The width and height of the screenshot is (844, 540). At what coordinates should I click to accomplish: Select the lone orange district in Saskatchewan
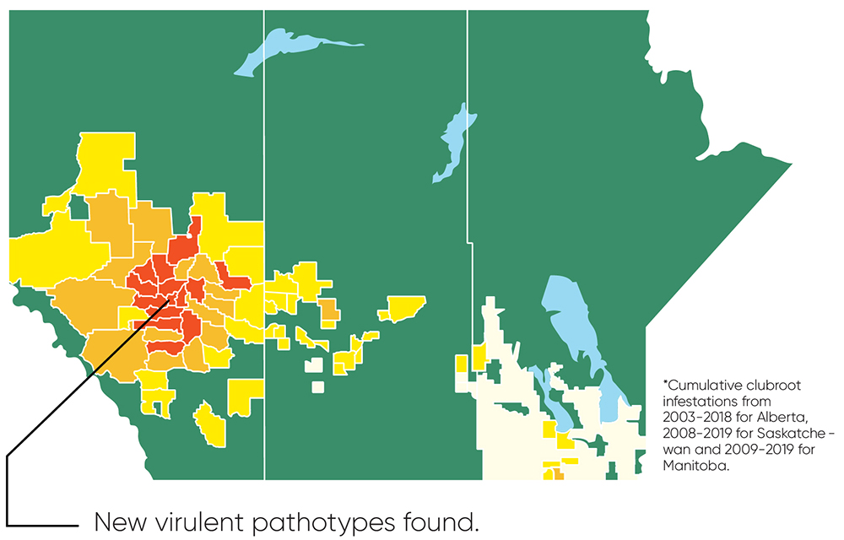point(328,310)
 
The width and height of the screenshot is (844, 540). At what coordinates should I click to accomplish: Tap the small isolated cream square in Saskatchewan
point(317,387)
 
